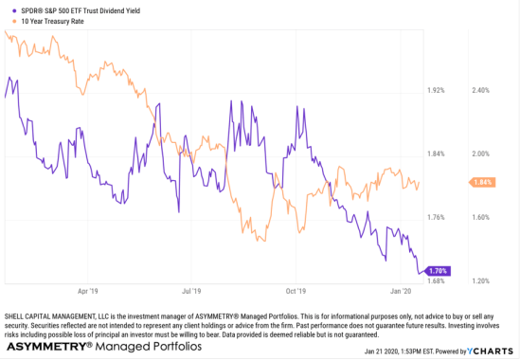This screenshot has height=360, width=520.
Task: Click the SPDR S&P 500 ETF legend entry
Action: (81, 9)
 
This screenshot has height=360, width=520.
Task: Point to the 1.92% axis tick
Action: (437, 91)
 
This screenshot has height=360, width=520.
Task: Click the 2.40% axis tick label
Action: (481, 91)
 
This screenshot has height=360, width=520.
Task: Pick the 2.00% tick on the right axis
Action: (481, 153)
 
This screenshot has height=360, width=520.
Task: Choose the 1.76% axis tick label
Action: (437, 217)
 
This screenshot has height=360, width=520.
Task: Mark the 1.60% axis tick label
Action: (481, 217)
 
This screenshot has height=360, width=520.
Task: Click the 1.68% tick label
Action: (437, 280)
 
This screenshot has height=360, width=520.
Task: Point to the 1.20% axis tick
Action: (481, 280)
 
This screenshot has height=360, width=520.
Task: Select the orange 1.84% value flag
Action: (481, 182)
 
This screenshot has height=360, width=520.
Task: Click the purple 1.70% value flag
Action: (437, 271)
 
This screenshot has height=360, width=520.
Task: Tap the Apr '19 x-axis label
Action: (89, 291)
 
